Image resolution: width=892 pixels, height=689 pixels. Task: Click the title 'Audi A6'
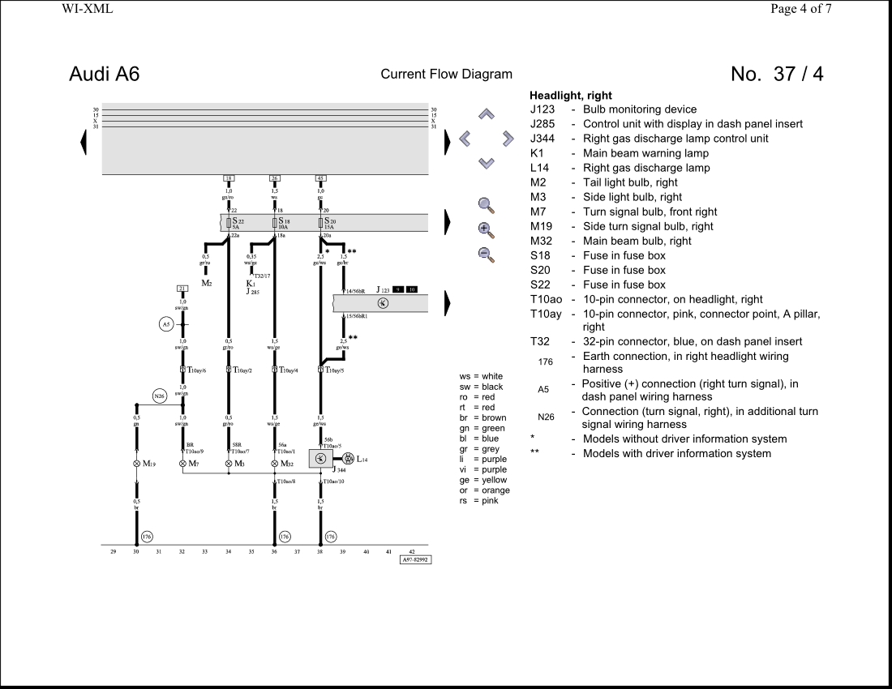click(x=104, y=74)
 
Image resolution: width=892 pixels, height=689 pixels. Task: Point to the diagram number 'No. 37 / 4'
click(x=776, y=74)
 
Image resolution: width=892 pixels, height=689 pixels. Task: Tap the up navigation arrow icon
click(x=486, y=114)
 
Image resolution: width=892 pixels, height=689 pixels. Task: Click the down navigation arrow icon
click(x=486, y=163)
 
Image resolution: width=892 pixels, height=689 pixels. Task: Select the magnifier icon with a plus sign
click(x=486, y=229)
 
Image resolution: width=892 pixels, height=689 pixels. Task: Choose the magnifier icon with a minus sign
click(x=486, y=255)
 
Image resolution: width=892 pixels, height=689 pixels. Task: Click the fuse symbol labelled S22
click(x=229, y=222)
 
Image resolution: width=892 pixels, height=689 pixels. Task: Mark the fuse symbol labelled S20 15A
click(x=321, y=222)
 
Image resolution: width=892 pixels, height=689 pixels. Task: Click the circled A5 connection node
click(x=165, y=324)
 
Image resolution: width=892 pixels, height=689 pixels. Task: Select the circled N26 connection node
click(x=160, y=396)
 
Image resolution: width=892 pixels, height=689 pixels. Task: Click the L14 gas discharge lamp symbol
click(x=348, y=459)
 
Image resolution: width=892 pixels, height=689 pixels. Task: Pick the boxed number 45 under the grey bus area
click(x=321, y=178)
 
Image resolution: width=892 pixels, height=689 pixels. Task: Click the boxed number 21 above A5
click(x=182, y=289)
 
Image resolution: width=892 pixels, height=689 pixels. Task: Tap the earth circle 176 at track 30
click(x=147, y=537)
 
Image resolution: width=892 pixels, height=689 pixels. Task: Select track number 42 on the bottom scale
click(x=412, y=551)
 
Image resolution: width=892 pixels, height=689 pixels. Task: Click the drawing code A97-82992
click(x=415, y=559)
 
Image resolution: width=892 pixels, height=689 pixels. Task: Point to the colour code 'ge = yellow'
click(x=482, y=480)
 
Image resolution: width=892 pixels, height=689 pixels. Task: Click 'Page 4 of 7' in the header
click(x=800, y=9)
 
